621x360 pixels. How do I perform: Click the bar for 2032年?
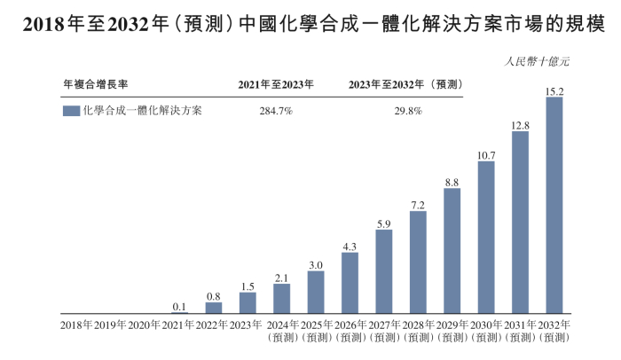pyautogui.click(x=554, y=205)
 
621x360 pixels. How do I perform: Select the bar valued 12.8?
pyautogui.click(x=520, y=223)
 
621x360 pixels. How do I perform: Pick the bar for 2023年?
pyautogui.click(x=248, y=302)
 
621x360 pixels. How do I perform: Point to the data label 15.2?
pyautogui.click(x=554, y=90)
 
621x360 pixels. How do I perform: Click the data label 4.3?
pyautogui.click(x=350, y=246)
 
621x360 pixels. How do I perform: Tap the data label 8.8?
pyautogui.click(x=452, y=182)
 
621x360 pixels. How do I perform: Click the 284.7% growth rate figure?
pyautogui.click(x=274, y=112)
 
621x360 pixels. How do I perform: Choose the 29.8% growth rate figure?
pyautogui.click(x=407, y=112)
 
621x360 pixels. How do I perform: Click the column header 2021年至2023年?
pyautogui.click(x=275, y=84)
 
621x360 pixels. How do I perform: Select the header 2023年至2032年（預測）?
pyautogui.click(x=408, y=84)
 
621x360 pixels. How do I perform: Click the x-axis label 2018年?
pyautogui.click(x=76, y=326)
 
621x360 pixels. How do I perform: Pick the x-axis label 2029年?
pyautogui.click(x=452, y=326)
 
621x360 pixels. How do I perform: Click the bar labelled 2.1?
pyautogui.click(x=281, y=299)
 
